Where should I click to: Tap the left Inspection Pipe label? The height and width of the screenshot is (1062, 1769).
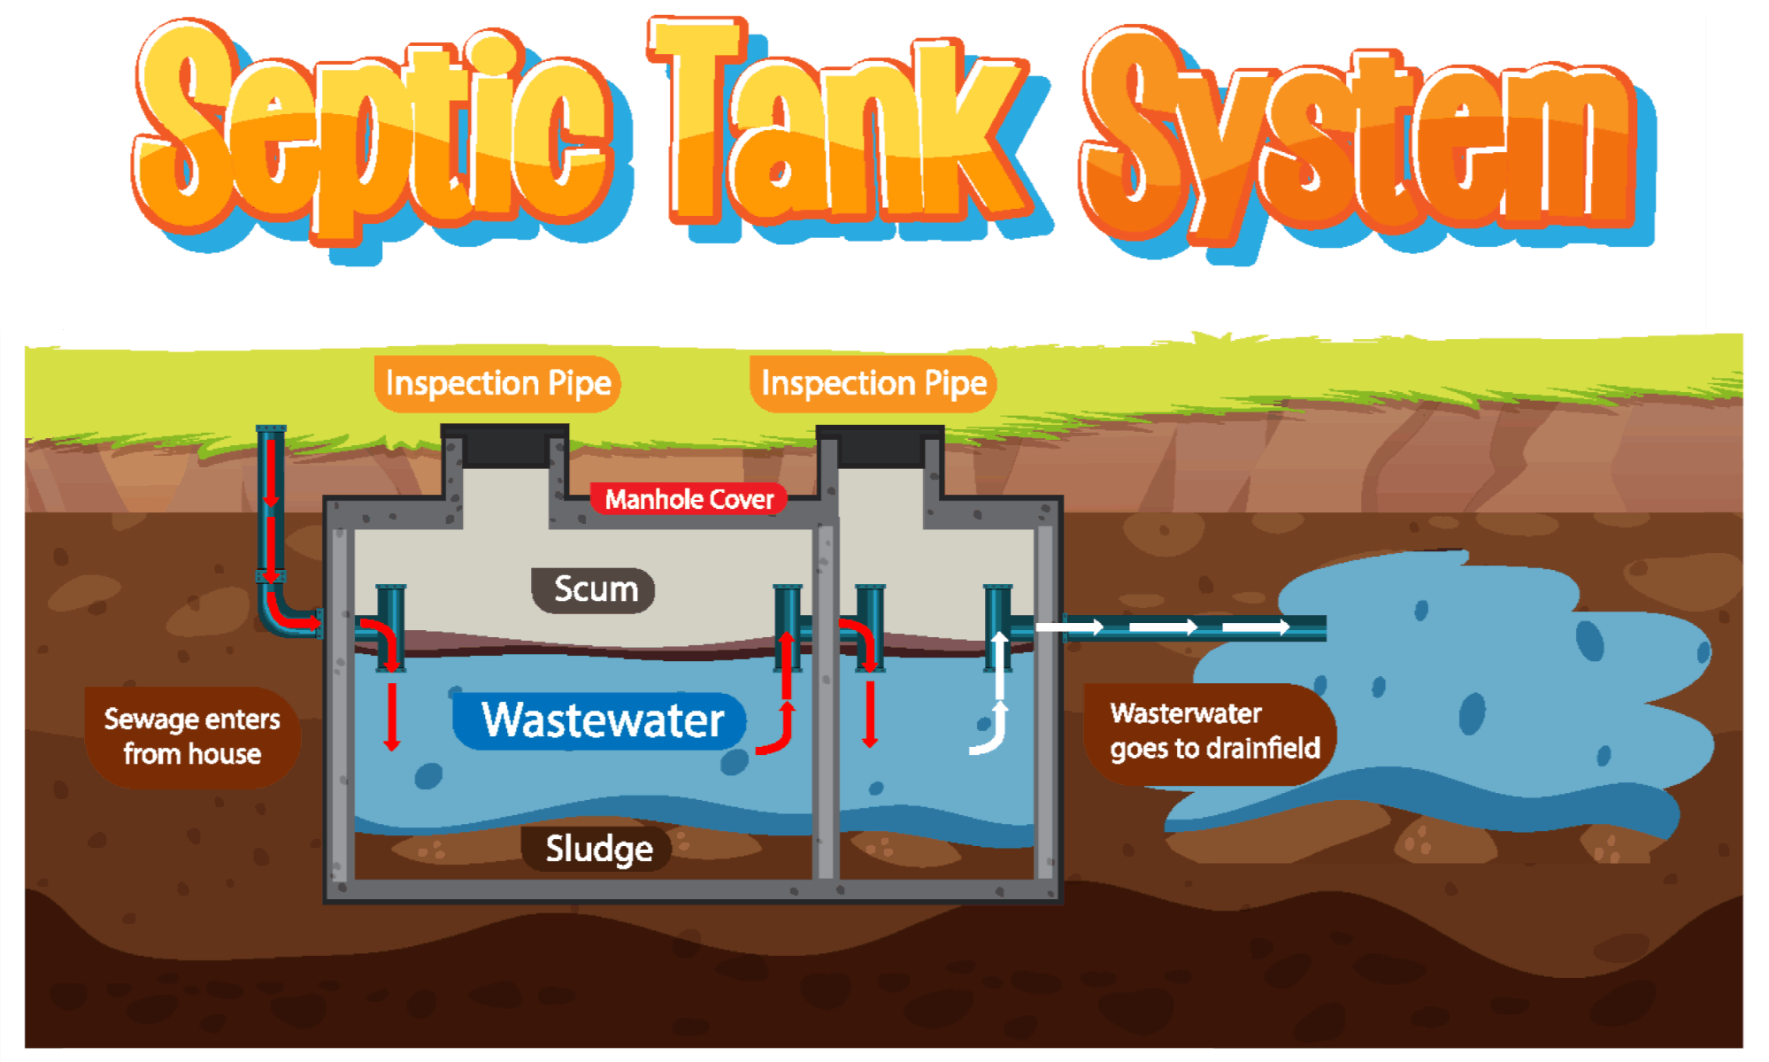498,384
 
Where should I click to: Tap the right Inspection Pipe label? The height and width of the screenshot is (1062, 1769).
873,384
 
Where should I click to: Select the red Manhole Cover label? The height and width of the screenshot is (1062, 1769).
688,500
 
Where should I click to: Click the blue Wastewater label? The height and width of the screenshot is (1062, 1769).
602,720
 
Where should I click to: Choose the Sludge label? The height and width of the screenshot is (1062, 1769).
598,849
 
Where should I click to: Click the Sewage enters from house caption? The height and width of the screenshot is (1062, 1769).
192,736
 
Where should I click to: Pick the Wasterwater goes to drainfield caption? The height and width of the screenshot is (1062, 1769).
1212,732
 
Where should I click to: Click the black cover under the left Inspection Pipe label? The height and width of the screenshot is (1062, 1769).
505,447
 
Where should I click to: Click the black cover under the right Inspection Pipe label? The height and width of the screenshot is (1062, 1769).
880,447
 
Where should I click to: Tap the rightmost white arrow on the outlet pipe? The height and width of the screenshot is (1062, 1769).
1257,627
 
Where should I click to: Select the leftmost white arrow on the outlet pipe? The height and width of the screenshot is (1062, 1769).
1070,627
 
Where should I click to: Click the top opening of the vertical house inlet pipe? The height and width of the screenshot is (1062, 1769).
271,430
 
